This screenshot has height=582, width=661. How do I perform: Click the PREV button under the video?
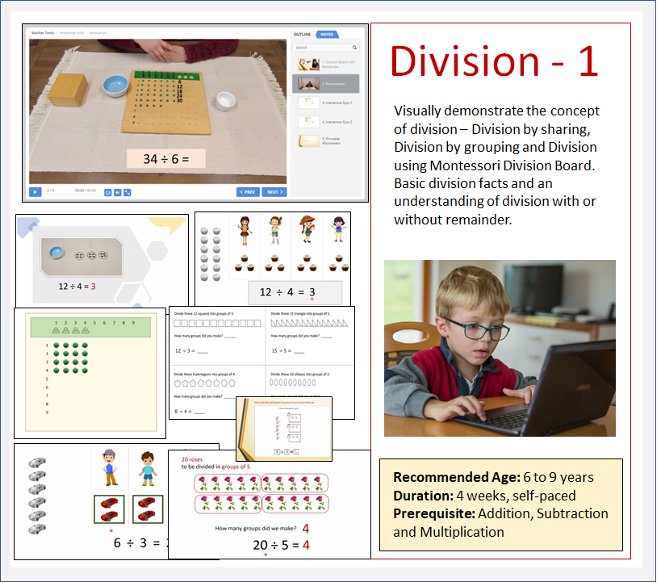coord(248,192)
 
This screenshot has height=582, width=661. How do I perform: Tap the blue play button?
coord(36,192)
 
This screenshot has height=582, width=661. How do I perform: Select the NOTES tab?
coord(327,35)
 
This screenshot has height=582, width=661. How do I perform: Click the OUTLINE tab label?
coord(302,35)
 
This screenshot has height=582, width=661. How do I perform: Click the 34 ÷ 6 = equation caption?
coord(165,158)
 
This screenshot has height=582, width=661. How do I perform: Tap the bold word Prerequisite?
coord(434,513)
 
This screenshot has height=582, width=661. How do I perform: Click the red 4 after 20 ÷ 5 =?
coord(306,545)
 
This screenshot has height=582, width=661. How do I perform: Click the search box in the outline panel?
coord(325,48)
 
